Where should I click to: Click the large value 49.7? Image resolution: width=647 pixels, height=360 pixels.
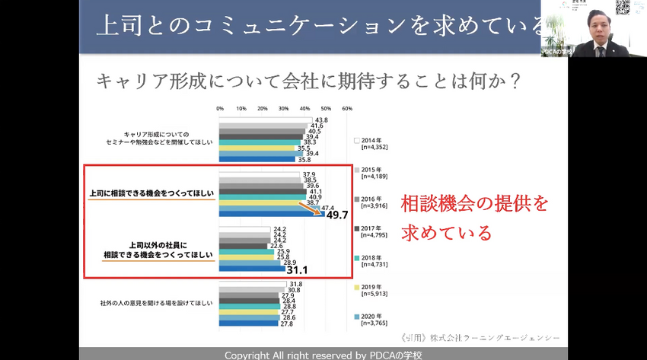pos(337,215)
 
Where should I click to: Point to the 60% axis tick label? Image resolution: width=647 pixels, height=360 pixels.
pos(347,109)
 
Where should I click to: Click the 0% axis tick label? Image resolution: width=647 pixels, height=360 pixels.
pos(220,109)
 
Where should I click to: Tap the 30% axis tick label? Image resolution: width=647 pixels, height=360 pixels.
pos(284,109)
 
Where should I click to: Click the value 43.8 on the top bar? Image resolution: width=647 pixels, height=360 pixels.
pos(321,120)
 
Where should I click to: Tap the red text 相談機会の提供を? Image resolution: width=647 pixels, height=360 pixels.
pos(474,204)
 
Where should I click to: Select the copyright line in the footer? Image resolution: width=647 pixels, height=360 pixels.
pos(323,355)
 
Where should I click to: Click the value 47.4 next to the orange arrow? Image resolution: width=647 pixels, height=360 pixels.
pos(328,207)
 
